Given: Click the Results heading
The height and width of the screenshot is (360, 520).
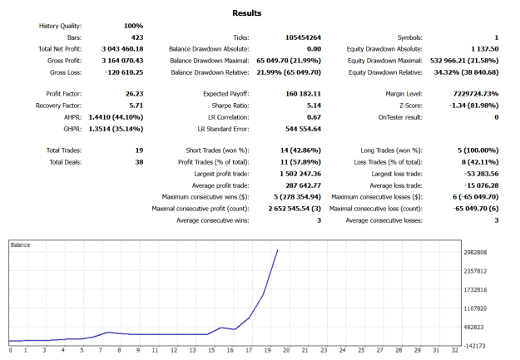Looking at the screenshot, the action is click(x=247, y=13).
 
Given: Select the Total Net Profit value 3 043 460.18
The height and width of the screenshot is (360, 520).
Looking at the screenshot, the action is click(x=122, y=49).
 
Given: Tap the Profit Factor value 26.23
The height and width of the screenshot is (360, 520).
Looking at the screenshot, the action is click(x=134, y=94).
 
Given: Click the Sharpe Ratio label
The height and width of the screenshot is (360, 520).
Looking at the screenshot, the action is click(x=230, y=106).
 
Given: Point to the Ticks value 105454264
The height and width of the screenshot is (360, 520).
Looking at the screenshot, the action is click(x=303, y=37).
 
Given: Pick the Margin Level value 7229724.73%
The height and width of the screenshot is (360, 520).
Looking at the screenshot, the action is click(x=476, y=94).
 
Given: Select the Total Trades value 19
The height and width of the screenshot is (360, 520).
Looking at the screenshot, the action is click(x=139, y=150).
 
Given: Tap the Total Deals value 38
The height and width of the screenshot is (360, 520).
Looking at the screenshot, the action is click(x=139, y=162).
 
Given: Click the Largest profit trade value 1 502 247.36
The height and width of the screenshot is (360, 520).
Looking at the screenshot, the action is click(x=300, y=174).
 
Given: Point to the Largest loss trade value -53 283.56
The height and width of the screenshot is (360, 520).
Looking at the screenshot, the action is click(x=482, y=174).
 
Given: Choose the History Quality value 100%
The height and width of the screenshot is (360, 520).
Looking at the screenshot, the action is click(x=134, y=26).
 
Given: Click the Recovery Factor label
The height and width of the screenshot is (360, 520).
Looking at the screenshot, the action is click(x=59, y=106).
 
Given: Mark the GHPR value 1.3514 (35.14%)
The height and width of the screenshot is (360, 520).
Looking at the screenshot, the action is click(x=116, y=129).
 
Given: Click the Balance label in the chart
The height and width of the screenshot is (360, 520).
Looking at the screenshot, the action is click(x=20, y=245).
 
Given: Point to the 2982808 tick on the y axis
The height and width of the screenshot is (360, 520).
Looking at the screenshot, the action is click(x=475, y=253).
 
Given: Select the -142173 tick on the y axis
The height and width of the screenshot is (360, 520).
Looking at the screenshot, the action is click(x=474, y=346).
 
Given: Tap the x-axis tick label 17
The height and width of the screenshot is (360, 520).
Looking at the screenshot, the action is click(x=249, y=350).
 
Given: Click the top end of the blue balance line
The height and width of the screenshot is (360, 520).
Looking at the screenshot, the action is click(x=278, y=250).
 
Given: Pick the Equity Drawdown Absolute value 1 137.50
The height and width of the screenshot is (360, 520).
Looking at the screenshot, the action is click(x=485, y=49).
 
